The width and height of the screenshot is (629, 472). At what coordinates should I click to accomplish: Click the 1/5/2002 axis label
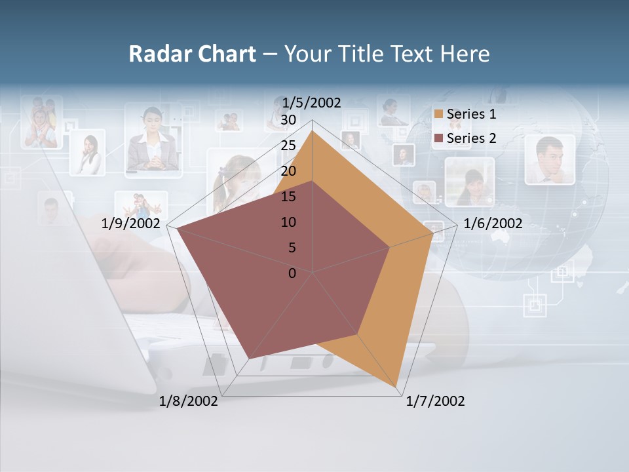pyautogui.click(x=312, y=102)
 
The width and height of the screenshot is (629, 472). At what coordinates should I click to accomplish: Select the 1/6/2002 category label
pyautogui.click(x=493, y=224)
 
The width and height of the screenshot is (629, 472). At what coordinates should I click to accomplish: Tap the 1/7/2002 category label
pyautogui.click(x=435, y=401)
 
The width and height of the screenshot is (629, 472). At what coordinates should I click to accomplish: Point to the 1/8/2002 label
pyautogui.click(x=189, y=401)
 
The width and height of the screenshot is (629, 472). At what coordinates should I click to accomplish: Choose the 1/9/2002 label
pyautogui.click(x=131, y=224)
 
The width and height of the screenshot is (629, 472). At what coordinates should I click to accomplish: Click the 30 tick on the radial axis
pyautogui.click(x=288, y=120)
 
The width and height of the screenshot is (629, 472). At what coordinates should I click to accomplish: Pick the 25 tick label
pyautogui.click(x=288, y=146)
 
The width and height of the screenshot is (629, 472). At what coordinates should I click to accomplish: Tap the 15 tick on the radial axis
pyautogui.click(x=288, y=197)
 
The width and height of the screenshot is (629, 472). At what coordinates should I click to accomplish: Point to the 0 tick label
pyautogui.click(x=292, y=273)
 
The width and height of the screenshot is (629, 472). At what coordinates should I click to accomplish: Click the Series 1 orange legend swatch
pyautogui.click(x=439, y=115)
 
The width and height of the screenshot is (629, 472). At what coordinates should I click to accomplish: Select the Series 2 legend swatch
pyautogui.click(x=439, y=138)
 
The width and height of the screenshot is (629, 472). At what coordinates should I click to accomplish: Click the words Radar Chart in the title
pyautogui.click(x=192, y=54)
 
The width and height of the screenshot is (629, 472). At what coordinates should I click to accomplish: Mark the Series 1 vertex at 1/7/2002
pyautogui.click(x=398, y=387)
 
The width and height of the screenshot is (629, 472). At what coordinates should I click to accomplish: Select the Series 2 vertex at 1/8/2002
pyautogui.click(x=249, y=358)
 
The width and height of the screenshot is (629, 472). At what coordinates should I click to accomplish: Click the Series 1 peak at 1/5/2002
pyautogui.click(x=313, y=130)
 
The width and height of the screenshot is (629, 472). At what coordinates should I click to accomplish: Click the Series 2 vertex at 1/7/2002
pyautogui.click(x=358, y=334)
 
